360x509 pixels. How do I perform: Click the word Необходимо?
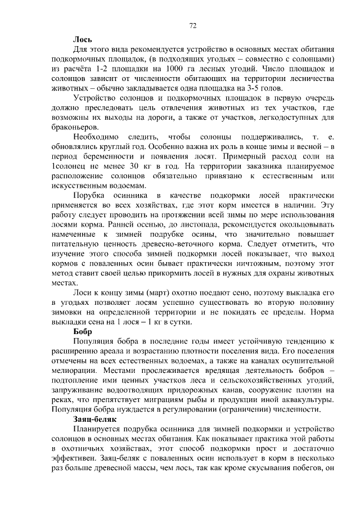96,137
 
